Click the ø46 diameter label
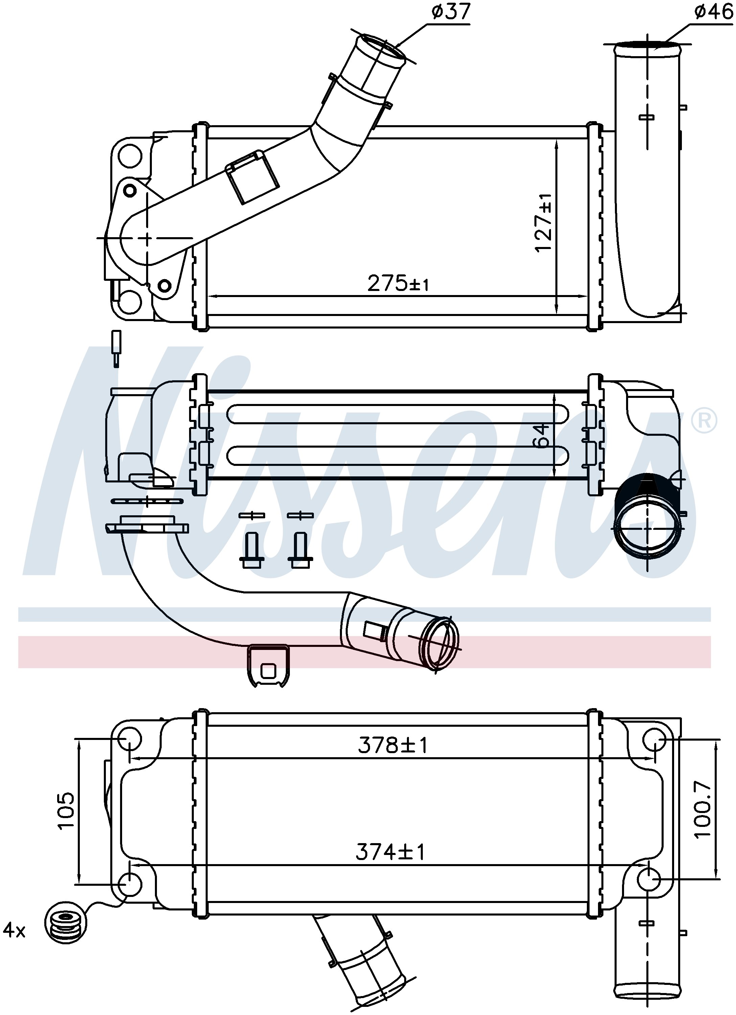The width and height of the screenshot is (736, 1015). tap(714, 12)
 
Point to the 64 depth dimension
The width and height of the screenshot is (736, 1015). tap(542, 435)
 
